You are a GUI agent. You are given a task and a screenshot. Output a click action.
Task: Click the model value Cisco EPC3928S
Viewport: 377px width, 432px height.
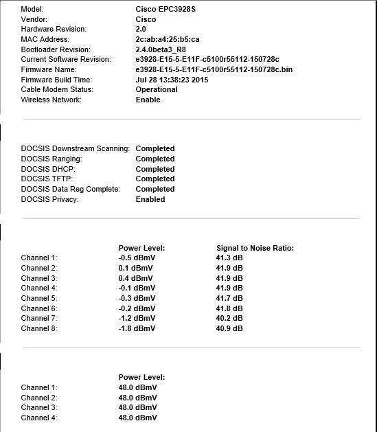pyautogui.click(x=165, y=10)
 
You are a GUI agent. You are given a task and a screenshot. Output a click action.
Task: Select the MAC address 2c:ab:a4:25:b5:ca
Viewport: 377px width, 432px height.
pyautogui.click(x=168, y=40)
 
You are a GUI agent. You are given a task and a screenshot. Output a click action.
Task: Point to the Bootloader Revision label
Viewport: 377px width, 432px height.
pyautogui.click(x=56, y=49)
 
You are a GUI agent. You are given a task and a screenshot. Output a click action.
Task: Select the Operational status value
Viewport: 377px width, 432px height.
pyautogui.click(x=157, y=89)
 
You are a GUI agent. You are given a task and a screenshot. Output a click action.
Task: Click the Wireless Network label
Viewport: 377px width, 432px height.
pyautogui.click(x=52, y=100)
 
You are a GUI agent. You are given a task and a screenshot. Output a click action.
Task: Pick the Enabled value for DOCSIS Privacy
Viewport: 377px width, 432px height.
pyautogui.click(x=150, y=199)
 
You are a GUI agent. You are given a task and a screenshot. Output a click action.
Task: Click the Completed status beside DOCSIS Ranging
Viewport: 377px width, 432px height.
pyautogui.click(x=155, y=159)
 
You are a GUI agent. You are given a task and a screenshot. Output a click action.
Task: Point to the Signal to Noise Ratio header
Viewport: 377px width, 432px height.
pyautogui.click(x=255, y=247)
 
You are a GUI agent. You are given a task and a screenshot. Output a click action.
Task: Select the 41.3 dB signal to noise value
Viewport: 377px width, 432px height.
pyautogui.click(x=229, y=258)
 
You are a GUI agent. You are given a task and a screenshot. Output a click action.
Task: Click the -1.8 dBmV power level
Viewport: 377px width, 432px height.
pyautogui.click(x=137, y=328)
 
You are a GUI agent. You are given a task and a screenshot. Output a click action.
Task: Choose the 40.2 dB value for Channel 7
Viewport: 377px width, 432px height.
pyautogui.click(x=229, y=318)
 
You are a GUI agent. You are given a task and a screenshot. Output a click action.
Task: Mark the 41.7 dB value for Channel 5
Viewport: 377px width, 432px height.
pyautogui.click(x=229, y=298)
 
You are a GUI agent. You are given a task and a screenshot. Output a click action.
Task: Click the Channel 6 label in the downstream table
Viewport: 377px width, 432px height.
pyautogui.click(x=39, y=308)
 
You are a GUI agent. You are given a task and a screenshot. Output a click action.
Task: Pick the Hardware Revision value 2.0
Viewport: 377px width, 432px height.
pyautogui.click(x=141, y=30)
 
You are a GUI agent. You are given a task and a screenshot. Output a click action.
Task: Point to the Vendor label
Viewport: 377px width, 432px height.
pyautogui.click(x=35, y=20)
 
